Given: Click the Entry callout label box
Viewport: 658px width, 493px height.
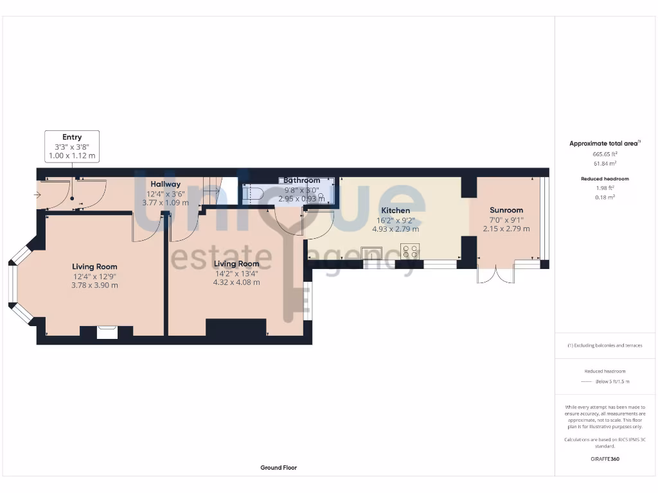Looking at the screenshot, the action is [x=72, y=146].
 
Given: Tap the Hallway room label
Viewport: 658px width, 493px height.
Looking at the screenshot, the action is [x=165, y=184].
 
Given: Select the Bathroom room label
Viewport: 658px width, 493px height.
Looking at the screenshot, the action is [x=301, y=180].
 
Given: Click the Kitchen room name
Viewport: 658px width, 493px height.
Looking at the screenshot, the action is [x=395, y=211].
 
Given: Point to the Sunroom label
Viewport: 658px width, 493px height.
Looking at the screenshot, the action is [x=506, y=210].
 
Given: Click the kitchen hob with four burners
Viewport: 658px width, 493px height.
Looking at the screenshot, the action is [x=410, y=251].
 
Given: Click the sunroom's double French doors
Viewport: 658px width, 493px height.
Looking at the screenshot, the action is [x=496, y=275].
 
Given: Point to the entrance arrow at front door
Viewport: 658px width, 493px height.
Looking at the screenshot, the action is [x=38, y=195].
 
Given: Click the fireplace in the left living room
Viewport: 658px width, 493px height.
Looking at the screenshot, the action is [x=107, y=332].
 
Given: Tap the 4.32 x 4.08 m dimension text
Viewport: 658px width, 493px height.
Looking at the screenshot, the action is [x=236, y=282].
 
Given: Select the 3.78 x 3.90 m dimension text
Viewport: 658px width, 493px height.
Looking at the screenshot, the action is [x=94, y=285].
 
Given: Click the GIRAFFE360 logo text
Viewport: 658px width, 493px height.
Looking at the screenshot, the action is [x=605, y=459].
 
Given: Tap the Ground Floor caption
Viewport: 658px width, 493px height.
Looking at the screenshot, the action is [x=278, y=468].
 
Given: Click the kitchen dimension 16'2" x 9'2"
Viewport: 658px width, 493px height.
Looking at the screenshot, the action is [x=395, y=220].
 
